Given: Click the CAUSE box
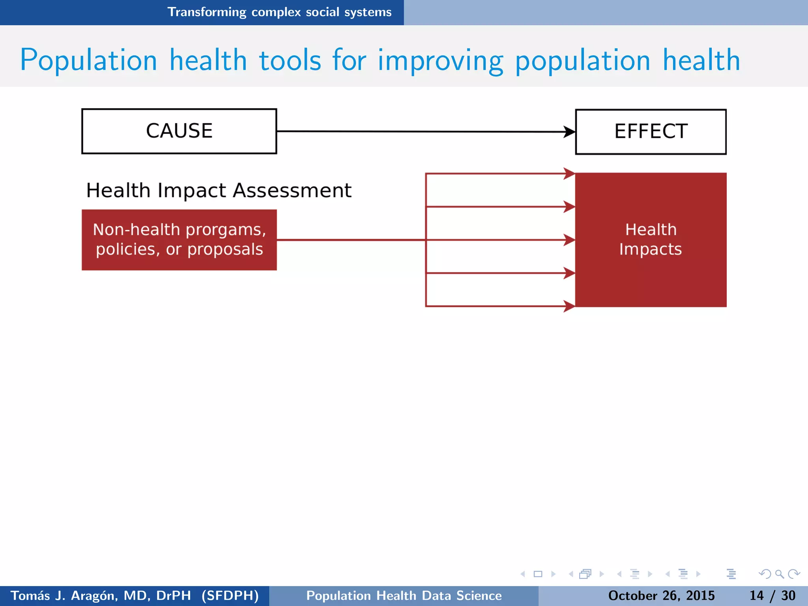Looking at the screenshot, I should (179, 131).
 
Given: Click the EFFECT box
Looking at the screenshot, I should (651, 131).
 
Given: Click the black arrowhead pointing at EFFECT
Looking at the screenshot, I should (569, 132).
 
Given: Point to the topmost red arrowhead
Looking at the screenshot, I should (569, 173).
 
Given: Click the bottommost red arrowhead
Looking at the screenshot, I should (569, 306).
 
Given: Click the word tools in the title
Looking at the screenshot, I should (290, 60).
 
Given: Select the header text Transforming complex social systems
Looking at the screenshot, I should (279, 12).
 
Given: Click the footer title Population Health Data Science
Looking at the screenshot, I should (404, 595).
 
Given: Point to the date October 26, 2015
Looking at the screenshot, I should (661, 595).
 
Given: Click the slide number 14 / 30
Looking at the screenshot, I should (772, 595).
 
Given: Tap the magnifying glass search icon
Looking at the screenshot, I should (779, 574).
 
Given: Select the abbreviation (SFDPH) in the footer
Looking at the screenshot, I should (230, 595).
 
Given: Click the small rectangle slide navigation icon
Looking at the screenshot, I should (538, 574).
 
